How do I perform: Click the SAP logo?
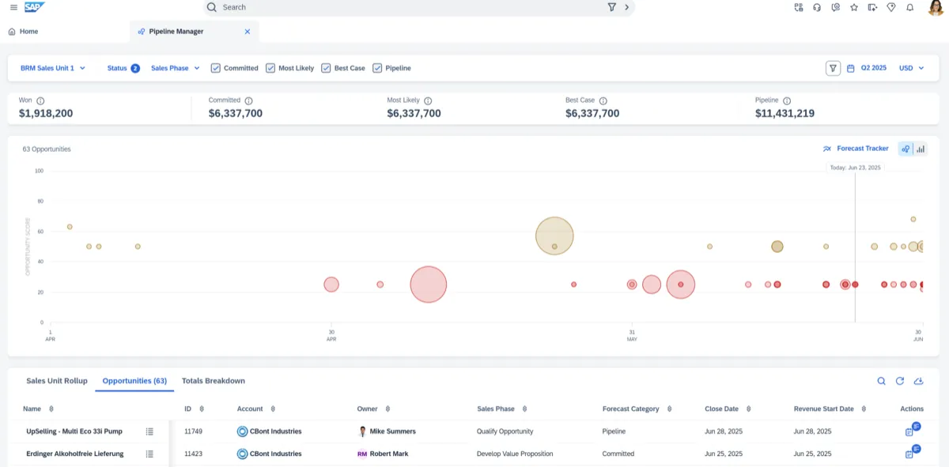click(x=35, y=7)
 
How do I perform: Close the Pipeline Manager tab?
click(x=248, y=32)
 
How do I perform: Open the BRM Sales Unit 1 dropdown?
click(x=52, y=68)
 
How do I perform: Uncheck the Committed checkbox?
click(x=216, y=68)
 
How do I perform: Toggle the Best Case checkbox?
click(x=326, y=68)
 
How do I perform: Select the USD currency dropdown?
click(x=911, y=68)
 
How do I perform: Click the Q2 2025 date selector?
click(x=873, y=68)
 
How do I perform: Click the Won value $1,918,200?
click(x=46, y=114)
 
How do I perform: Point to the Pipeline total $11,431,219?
click(x=785, y=114)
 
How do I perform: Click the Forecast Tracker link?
click(x=862, y=149)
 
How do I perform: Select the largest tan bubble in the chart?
click(x=554, y=235)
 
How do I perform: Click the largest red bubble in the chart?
click(x=429, y=284)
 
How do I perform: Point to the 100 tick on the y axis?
click(x=39, y=171)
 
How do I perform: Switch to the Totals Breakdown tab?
click(x=214, y=381)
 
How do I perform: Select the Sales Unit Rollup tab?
click(x=57, y=381)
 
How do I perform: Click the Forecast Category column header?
click(x=630, y=409)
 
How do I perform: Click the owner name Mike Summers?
click(x=392, y=431)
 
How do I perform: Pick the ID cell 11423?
click(x=194, y=454)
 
